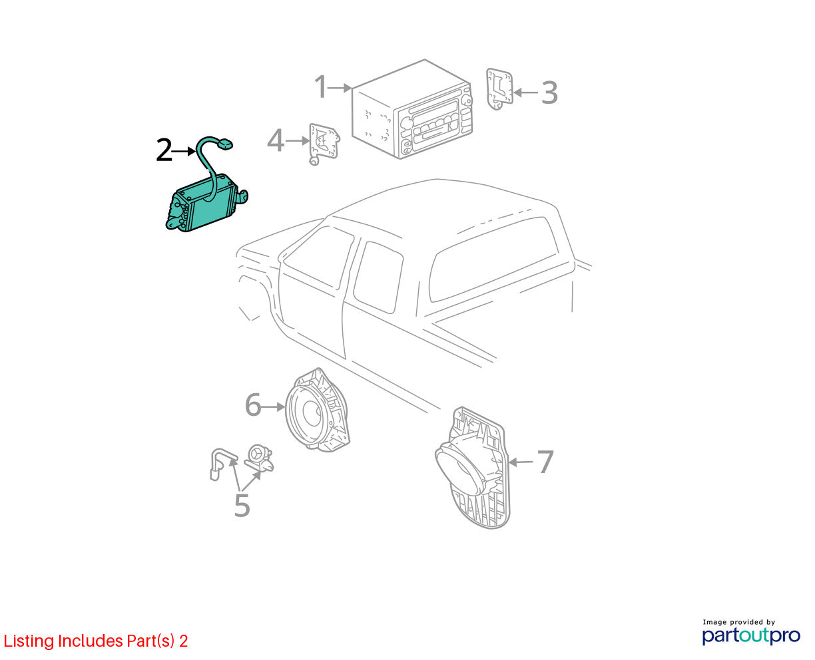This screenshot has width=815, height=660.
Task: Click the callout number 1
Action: click(321, 86)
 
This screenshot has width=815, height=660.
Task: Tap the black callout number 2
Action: click(164, 150)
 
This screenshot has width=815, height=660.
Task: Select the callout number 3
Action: click(549, 92)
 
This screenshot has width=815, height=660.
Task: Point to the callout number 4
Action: click(276, 140)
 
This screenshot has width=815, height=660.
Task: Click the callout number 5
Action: click(242, 505)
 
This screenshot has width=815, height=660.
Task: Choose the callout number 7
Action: click(545, 462)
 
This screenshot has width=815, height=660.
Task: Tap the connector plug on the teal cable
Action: click(225, 144)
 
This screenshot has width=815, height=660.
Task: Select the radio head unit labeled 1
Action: click(412, 109)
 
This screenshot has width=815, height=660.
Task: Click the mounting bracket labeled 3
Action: click(499, 88)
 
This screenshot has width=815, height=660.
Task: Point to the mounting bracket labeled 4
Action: click(324, 144)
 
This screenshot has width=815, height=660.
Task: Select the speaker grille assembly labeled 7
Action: click(473, 467)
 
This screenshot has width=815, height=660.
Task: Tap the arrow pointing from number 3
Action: click(526, 92)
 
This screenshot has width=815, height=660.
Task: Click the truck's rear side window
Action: click(493, 259)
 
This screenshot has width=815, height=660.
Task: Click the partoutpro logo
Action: click(751, 635)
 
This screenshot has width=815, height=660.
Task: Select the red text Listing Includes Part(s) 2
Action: click(96, 641)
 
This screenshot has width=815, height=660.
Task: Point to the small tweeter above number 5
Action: click(260, 458)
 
